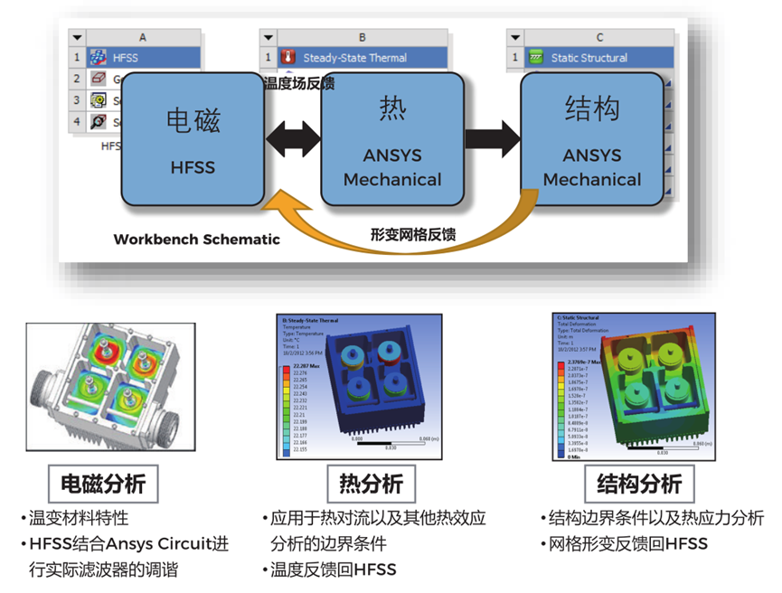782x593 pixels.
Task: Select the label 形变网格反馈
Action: [x=412, y=234]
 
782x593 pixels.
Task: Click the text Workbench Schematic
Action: [x=196, y=240]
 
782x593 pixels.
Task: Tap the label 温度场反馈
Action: [x=298, y=84]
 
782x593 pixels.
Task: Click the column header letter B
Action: [x=362, y=37]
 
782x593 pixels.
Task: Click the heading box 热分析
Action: [x=371, y=484]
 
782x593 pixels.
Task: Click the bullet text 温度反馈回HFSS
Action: [x=334, y=569]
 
